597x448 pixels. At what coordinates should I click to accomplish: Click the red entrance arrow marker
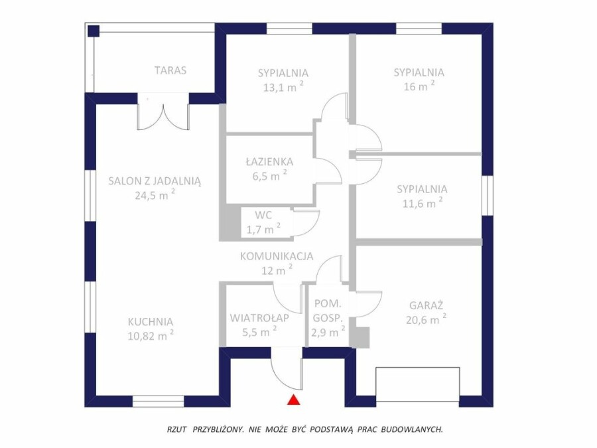point(294,400)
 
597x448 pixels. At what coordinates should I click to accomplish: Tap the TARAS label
point(170,70)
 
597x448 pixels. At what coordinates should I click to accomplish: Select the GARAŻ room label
point(427,305)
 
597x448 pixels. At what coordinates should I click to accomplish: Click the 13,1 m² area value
point(283,87)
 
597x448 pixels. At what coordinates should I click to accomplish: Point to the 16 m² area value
point(419,86)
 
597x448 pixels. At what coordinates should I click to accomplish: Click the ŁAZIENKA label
point(269,161)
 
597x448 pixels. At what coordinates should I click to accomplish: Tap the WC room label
point(263,215)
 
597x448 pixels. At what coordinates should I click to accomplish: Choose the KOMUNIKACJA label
point(277,256)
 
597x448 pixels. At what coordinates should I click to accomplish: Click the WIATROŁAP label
point(259,318)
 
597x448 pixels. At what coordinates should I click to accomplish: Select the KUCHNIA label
point(151,322)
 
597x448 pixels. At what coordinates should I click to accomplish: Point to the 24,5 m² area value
point(155,194)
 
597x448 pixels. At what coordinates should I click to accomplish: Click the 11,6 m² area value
point(423,202)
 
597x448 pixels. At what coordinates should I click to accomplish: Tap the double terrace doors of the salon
point(163,112)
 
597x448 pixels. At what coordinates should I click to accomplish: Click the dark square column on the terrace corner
point(94,31)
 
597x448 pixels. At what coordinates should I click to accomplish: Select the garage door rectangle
point(418,384)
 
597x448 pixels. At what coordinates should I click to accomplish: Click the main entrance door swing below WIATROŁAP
point(287,369)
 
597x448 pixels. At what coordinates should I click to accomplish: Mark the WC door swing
point(305,223)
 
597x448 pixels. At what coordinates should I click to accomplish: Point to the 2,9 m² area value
point(328,332)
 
